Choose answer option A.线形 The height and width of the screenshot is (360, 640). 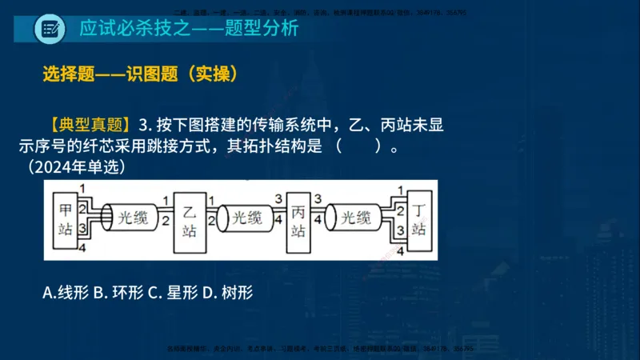[66, 293]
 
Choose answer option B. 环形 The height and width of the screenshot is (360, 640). [118, 293]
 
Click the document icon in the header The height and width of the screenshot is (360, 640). [50, 29]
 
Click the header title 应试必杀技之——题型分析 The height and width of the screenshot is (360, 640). [189, 29]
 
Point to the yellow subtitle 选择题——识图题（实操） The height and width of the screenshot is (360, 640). [141, 74]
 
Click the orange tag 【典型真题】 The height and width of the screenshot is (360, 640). [89, 125]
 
